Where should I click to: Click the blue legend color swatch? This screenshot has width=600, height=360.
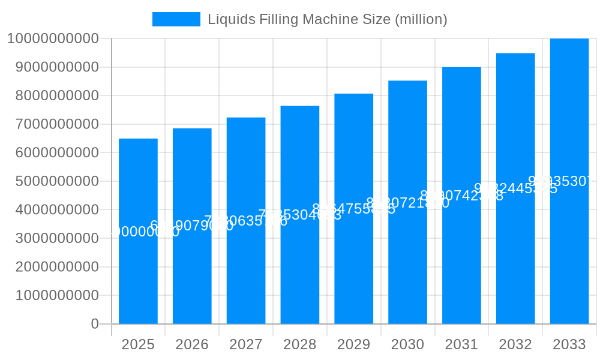176,19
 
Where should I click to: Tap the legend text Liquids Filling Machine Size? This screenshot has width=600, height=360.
327,19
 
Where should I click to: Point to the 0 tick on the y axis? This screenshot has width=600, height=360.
95,324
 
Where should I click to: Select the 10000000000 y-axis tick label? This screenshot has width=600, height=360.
53,38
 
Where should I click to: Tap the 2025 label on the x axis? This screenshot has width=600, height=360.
138,344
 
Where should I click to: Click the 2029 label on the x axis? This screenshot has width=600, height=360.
354,344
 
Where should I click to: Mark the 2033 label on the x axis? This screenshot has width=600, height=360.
569,344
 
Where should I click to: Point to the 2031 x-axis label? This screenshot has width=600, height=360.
461,344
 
